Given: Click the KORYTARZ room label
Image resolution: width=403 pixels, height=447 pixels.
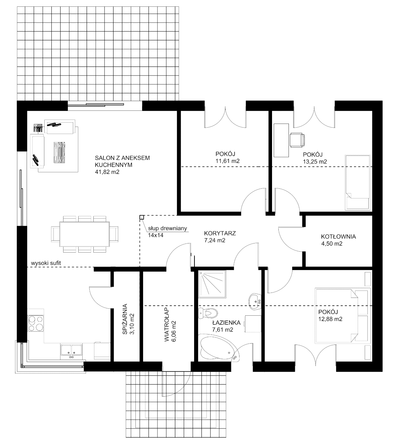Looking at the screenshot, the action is [220, 233].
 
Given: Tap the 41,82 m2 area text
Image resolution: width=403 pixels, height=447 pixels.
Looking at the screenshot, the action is [107, 172].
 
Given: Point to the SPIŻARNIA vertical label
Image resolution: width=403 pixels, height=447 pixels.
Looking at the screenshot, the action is [125, 319].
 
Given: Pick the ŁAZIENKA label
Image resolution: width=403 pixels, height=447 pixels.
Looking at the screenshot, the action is [226, 322].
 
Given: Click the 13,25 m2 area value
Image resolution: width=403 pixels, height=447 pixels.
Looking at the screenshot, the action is [315, 162].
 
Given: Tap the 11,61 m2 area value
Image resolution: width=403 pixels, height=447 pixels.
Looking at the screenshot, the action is [227, 161].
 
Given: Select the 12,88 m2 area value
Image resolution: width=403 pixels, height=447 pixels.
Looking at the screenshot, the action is [330, 319].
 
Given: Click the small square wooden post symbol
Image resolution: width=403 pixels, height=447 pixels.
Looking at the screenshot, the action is [142, 217].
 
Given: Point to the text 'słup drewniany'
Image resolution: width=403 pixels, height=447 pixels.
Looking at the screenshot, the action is [167, 228].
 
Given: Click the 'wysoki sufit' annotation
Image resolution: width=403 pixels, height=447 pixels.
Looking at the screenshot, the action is [46, 263].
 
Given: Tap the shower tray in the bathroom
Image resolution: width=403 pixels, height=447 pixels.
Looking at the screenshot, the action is [212, 284].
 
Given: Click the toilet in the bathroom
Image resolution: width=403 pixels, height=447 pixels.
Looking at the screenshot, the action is [208, 313].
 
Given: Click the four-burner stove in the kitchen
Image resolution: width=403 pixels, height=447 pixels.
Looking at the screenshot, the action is [36, 323].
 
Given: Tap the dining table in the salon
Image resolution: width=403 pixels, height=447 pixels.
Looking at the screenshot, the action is [85, 234].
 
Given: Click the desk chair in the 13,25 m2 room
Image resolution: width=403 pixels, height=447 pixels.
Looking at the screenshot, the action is [297, 140].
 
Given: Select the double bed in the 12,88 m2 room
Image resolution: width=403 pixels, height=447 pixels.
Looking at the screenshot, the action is [343, 316].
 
